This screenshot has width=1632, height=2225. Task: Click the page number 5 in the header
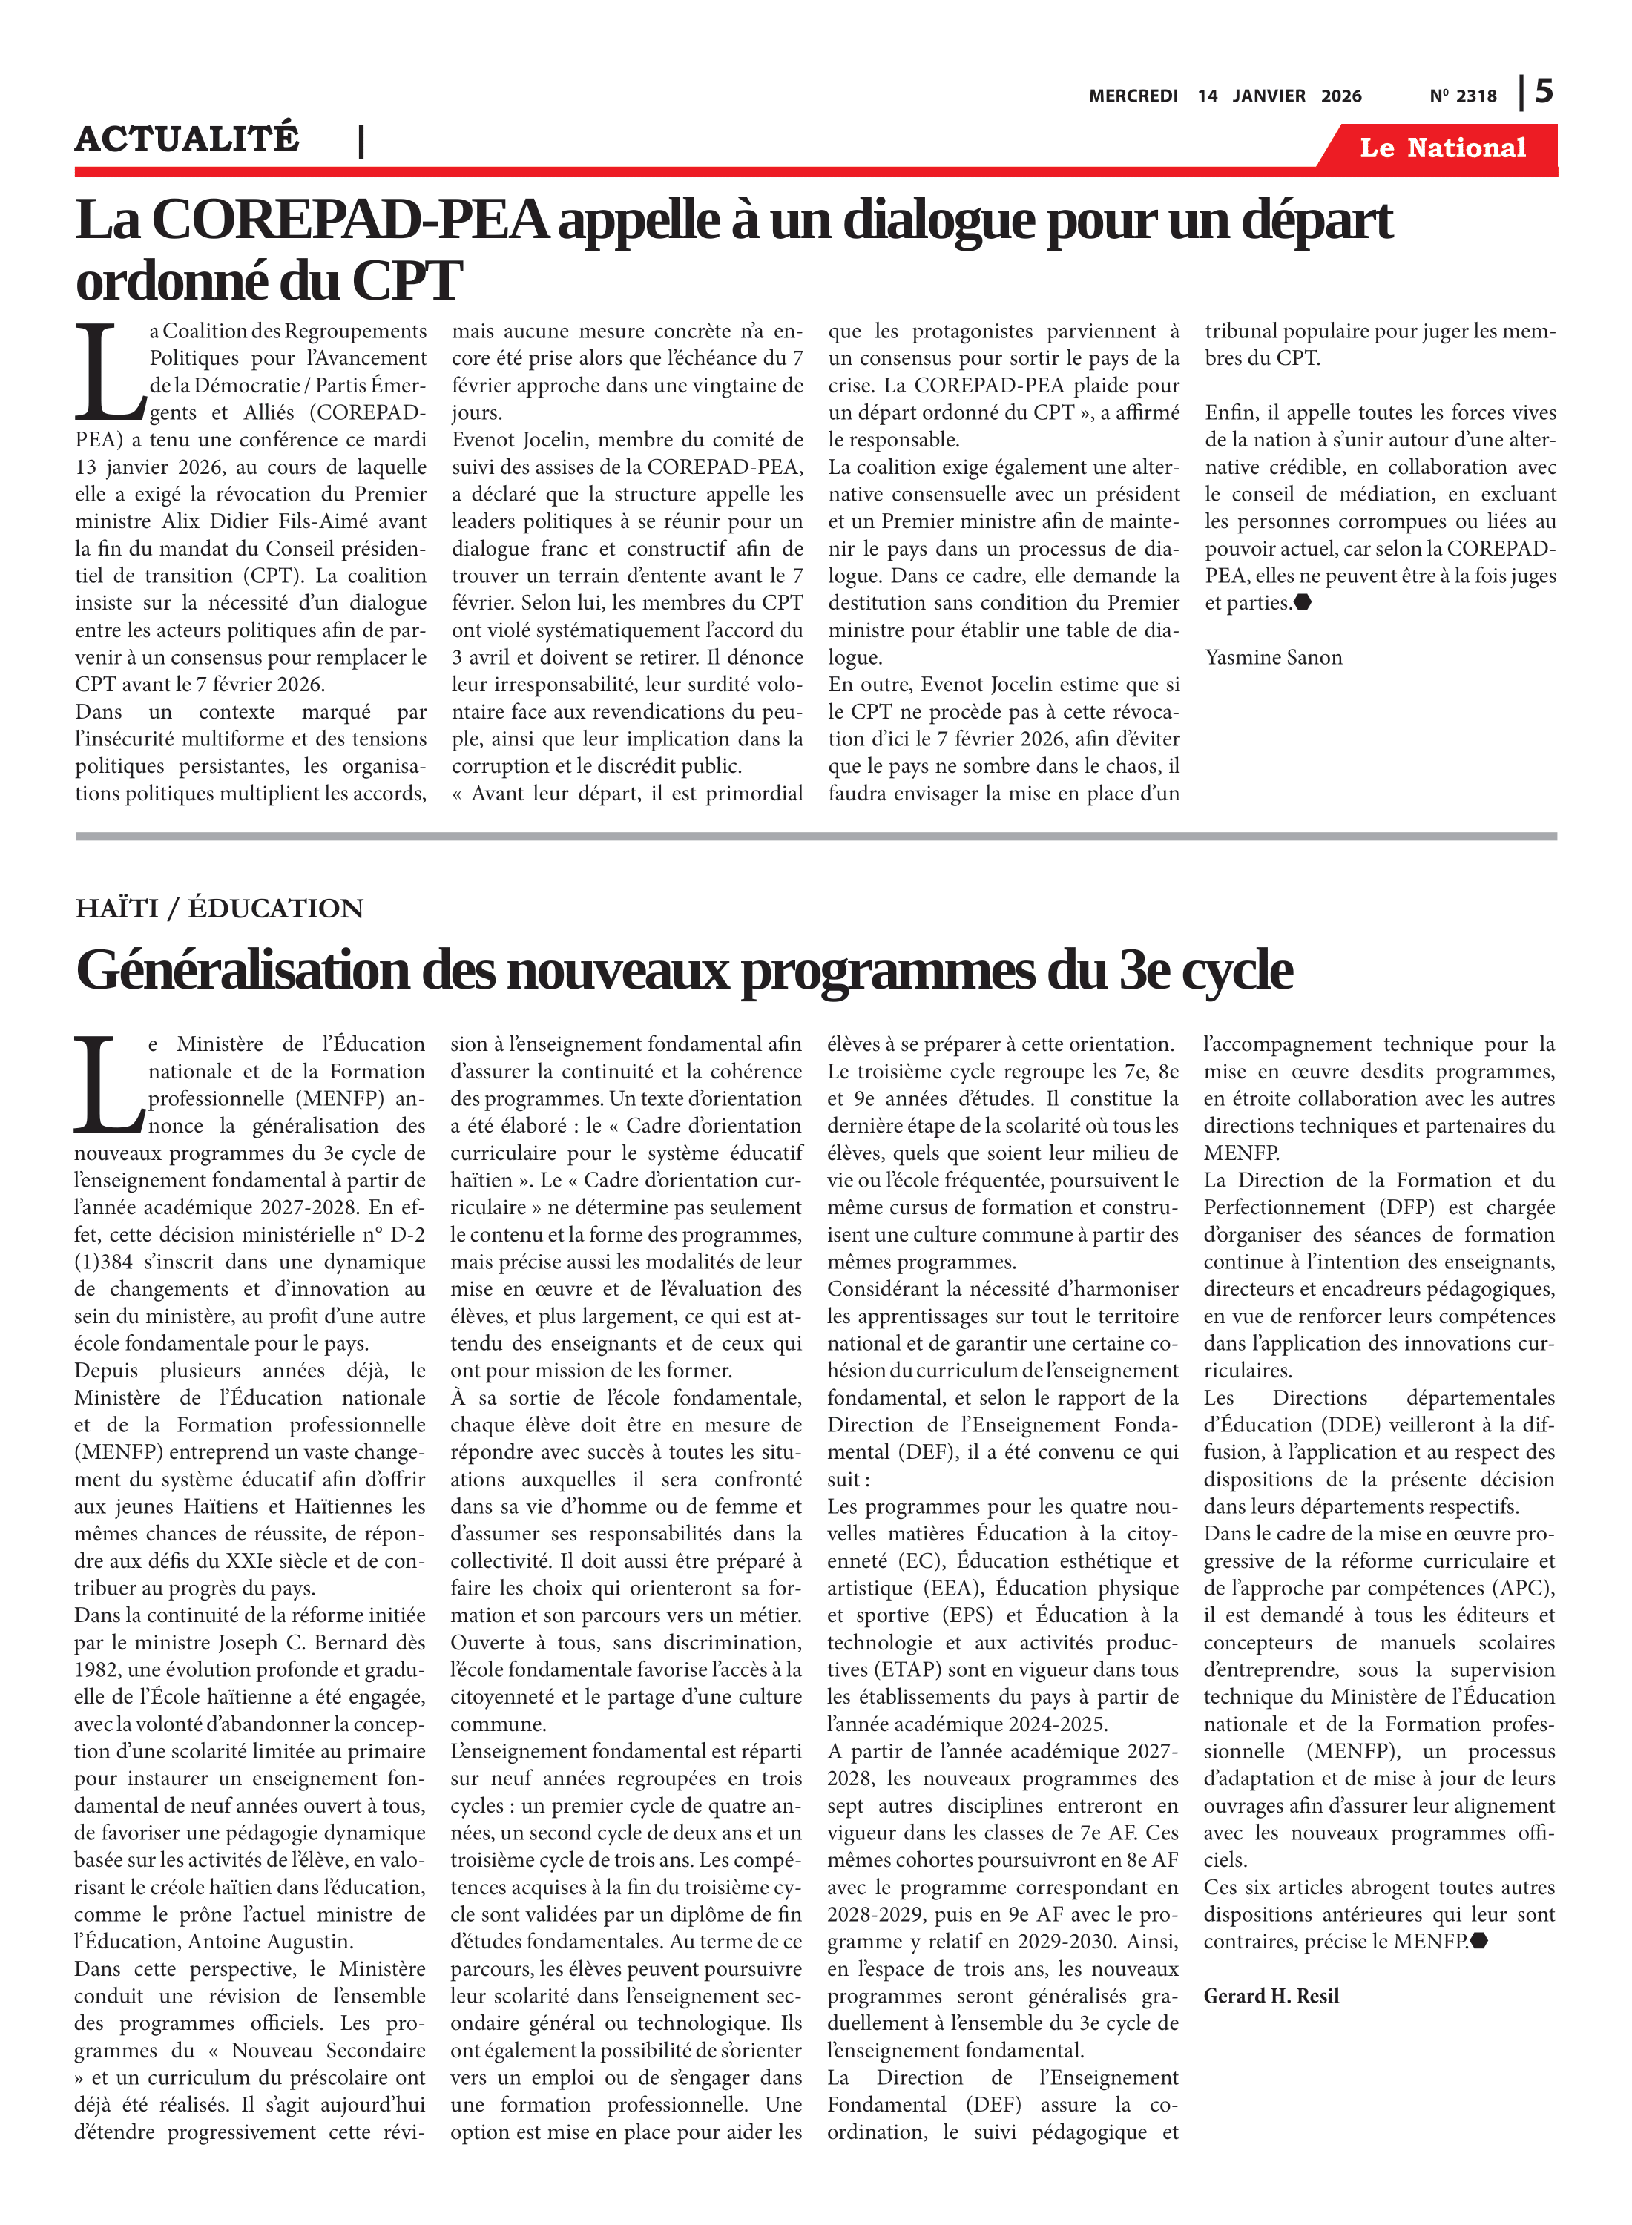(x=1543, y=92)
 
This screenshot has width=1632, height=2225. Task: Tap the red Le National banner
(x=1441, y=148)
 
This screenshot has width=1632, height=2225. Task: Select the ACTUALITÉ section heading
(x=187, y=139)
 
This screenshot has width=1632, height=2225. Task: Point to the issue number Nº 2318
(x=1462, y=96)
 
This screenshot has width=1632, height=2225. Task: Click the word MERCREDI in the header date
(x=1132, y=96)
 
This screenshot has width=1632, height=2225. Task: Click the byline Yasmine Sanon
(x=1272, y=658)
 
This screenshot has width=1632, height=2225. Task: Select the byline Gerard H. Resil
(x=1271, y=1996)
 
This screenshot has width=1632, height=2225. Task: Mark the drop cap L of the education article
(x=108, y=1084)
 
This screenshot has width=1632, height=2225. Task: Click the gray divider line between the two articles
(x=815, y=837)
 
